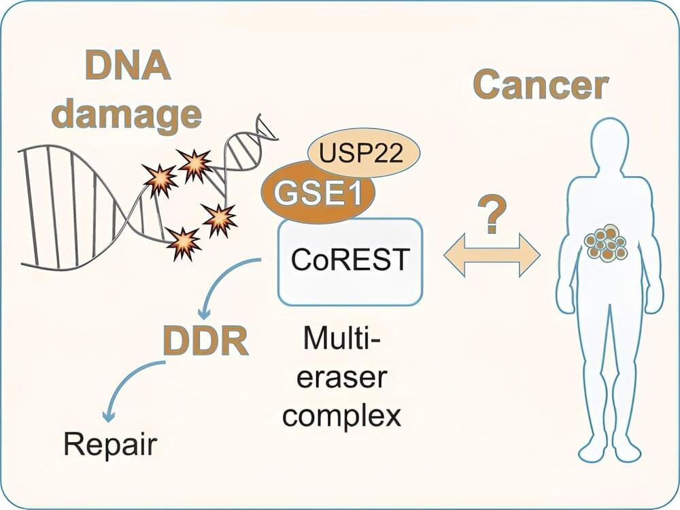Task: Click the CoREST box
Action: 350,260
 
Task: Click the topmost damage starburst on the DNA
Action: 194,163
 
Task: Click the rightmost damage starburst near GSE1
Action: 220,219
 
